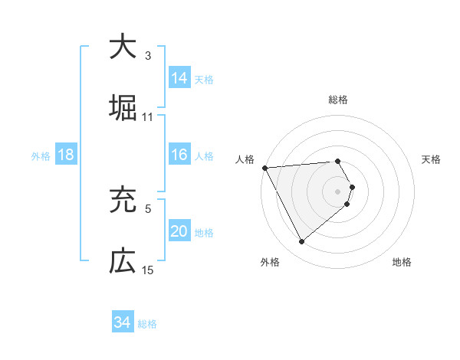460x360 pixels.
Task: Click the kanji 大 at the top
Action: pos(123,47)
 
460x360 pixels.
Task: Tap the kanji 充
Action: pos(123,201)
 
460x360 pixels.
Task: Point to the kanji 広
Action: pos(123,261)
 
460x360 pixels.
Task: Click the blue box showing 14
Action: pos(179,78)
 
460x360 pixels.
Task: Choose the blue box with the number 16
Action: pos(179,155)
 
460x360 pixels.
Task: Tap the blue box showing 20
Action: pos(179,231)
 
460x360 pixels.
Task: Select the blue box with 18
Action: pos(66,155)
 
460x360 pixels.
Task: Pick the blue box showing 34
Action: pos(123,322)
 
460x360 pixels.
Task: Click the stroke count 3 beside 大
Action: pos(148,56)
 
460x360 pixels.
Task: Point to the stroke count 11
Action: pos(148,117)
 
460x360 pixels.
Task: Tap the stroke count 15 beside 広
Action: pos(148,270)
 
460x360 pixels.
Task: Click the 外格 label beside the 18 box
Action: pos(41,156)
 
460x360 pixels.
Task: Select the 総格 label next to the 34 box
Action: pos(147,324)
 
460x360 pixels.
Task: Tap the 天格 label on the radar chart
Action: pos(432,159)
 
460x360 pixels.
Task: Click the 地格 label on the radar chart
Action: pos(402,262)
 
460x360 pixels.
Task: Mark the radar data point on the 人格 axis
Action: pos(264,167)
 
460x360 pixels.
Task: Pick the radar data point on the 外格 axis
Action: pos(301,242)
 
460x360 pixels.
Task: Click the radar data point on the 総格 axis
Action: pos(337,161)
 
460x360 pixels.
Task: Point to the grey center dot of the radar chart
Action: pos(337,191)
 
